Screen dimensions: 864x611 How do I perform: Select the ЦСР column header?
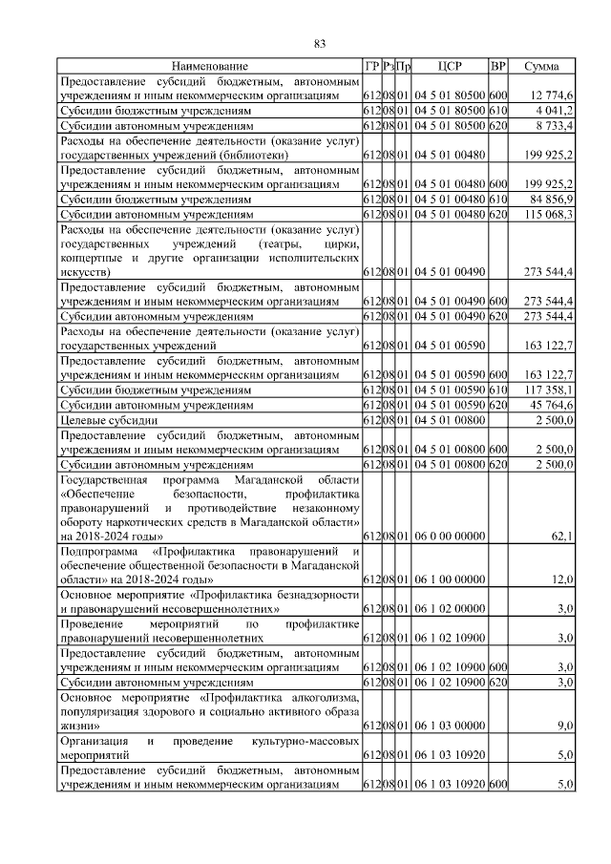click(450, 66)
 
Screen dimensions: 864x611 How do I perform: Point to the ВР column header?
click(497, 66)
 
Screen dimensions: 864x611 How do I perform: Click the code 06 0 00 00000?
click(451, 537)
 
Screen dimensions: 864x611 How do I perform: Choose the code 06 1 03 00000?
click(451, 727)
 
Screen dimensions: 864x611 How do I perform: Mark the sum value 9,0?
click(565, 727)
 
